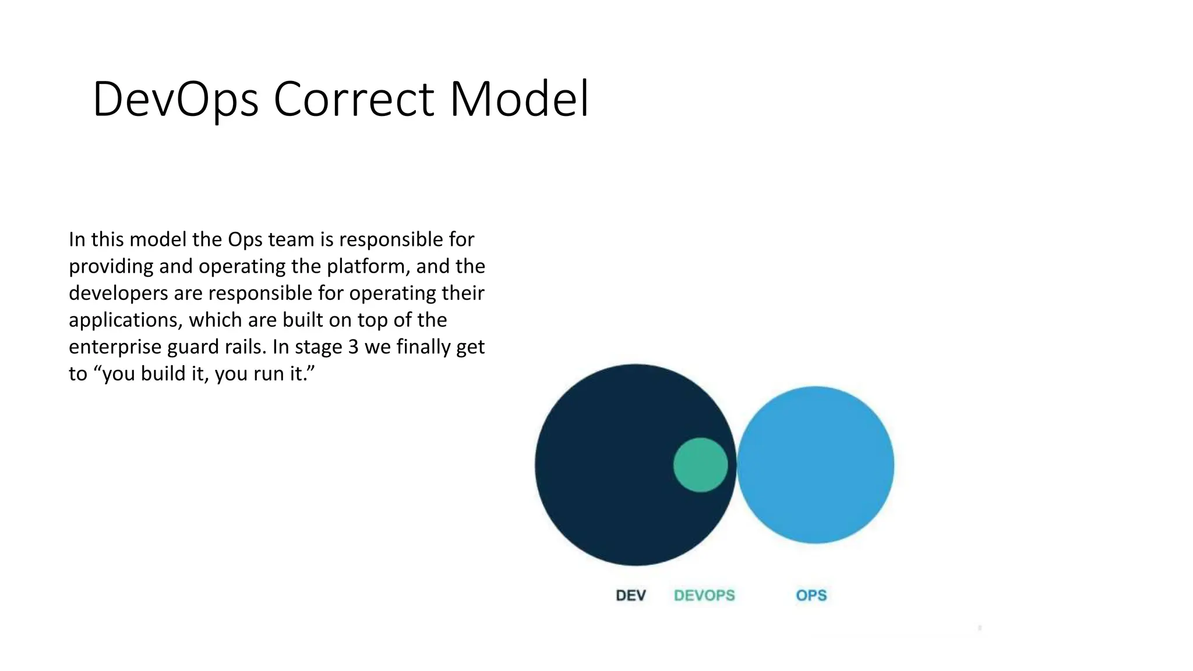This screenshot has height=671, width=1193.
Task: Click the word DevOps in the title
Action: point(175,100)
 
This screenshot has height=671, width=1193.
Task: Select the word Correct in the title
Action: point(354,100)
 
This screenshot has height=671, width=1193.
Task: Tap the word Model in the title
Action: point(519,100)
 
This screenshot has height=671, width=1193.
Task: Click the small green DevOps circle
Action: point(700,465)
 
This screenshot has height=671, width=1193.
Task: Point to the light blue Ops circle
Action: point(816,465)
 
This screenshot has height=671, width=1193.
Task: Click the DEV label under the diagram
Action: point(630,595)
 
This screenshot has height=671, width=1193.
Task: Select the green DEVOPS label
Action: point(704,595)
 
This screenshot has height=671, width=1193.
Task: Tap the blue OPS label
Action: point(811,595)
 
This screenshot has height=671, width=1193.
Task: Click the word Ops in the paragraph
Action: point(245,240)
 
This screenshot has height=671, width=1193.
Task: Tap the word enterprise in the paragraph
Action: point(115,347)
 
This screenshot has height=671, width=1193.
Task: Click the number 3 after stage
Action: point(353,347)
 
